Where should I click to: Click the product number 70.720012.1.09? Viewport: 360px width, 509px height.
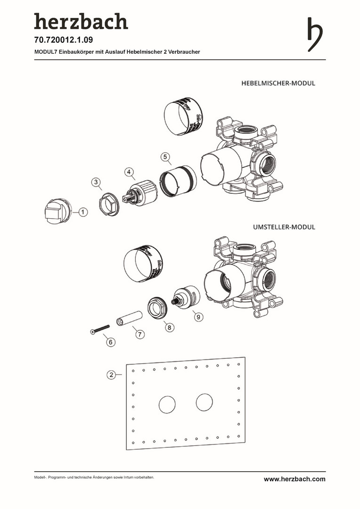point(64,41)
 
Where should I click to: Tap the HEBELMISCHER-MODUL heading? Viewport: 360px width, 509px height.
point(278,83)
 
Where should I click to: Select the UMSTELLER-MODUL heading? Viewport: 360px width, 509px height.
point(284,227)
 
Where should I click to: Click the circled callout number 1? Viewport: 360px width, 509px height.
point(82,213)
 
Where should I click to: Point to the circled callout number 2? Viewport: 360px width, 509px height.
point(111,375)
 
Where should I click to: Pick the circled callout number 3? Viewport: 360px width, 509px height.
point(96,181)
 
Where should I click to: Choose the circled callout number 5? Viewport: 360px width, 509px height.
point(164,156)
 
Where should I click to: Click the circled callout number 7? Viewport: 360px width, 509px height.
point(139,334)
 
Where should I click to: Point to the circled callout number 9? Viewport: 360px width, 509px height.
point(198,317)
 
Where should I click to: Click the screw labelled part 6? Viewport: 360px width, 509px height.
point(99,328)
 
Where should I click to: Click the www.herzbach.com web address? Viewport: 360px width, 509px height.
point(295,479)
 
